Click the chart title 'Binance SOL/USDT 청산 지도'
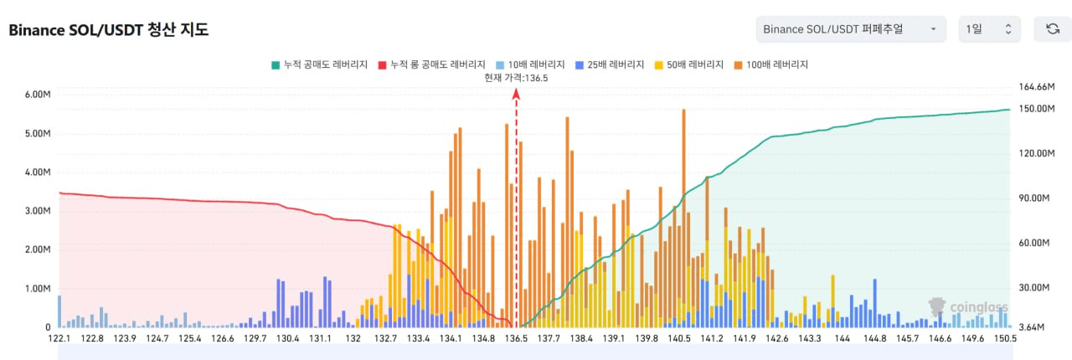[x=108, y=30]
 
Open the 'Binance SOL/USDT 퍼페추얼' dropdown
[x=850, y=29]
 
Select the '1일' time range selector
[x=989, y=29]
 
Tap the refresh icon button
[x=1053, y=29]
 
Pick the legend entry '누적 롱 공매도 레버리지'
[x=432, y=64]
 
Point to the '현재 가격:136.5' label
[x=516, y=78]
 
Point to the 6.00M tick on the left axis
[x=39, y=95]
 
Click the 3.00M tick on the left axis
[x=39, y=211]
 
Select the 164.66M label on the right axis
[x=1035, y=87]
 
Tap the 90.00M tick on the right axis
[x=1033, y=198]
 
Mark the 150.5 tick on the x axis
[x=1005, y=339]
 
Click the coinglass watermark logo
[x=971, y=307]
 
